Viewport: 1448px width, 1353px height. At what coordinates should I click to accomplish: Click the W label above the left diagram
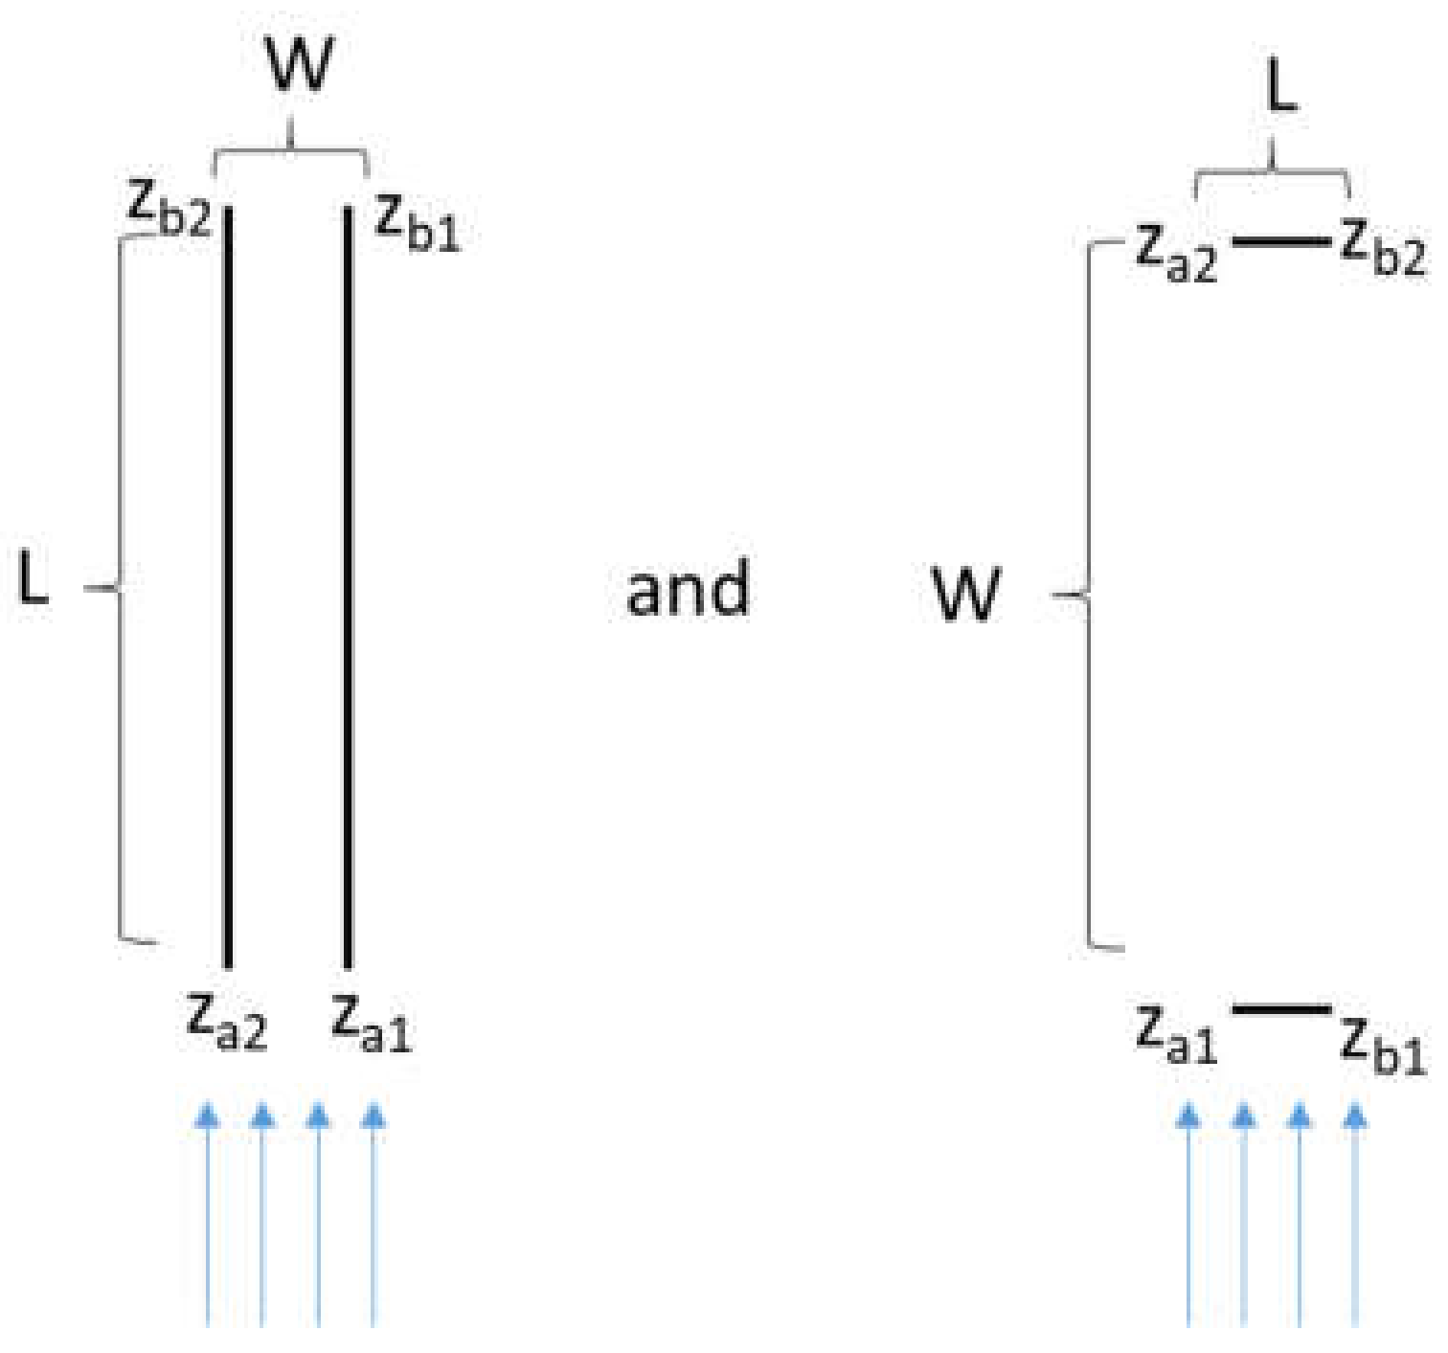tap(300, 64)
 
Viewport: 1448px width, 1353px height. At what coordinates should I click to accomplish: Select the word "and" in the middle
tap(688, 589)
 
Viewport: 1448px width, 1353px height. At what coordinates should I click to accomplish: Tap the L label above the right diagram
tap(1281, 89)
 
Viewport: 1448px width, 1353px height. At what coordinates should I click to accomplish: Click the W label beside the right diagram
tap(967, 594)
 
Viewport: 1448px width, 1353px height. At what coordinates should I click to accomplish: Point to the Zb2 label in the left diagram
tap(170, 208)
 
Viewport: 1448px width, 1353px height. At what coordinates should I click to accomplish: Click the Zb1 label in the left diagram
tap(417, 222)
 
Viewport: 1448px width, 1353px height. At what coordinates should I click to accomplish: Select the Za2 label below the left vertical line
tap(227, 1022)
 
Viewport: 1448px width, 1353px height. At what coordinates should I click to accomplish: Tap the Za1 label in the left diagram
tap(372, 1024)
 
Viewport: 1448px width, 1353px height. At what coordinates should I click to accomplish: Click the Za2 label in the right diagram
tap(1176, 253)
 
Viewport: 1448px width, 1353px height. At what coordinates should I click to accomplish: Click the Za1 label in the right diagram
tap(1176, 1035)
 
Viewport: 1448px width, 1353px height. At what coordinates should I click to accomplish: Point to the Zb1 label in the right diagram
tap(1383, 1045)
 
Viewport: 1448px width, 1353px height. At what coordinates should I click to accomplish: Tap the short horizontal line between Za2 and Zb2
tap(1280, 241)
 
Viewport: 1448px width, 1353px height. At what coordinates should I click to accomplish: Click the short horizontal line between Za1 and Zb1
tap(1280, 1008)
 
